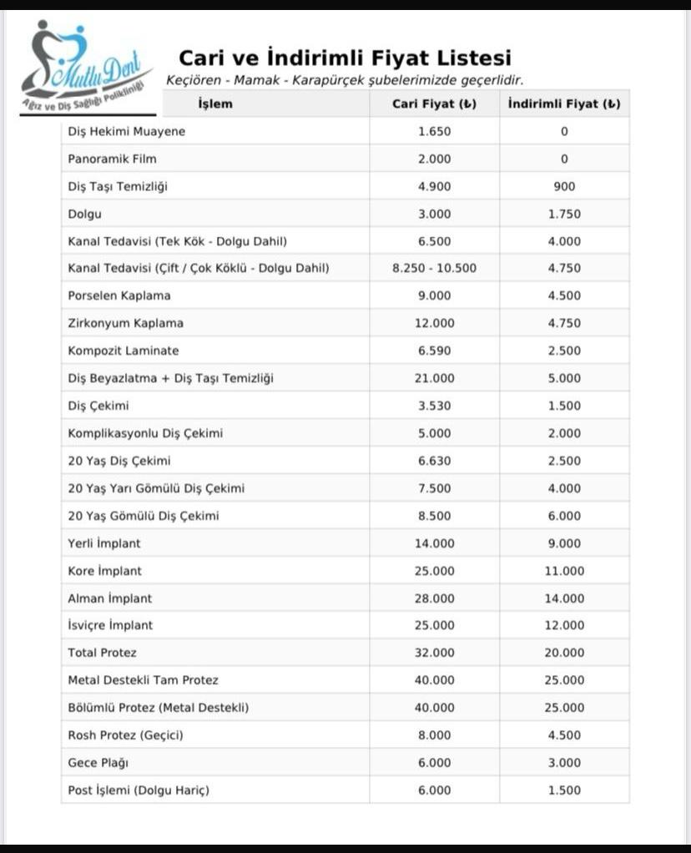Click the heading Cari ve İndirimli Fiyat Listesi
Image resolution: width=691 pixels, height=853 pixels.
(x=345, y=58)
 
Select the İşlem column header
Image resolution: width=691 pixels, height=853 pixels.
(x=215, y=104)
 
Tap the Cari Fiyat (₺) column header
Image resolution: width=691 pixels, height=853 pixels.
(x=434, y=104)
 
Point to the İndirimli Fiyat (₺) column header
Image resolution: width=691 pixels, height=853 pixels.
(x=564, y=104)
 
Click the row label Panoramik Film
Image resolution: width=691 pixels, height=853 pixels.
(x=113, y=159)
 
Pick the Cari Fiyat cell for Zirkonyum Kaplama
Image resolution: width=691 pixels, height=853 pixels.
(x=434, y=323)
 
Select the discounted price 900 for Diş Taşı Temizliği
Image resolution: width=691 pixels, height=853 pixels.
(x=564, y=186)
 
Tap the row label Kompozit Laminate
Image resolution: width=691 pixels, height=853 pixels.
(x=124, y=351)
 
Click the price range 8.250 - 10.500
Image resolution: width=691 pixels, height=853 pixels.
(x=434, y=268)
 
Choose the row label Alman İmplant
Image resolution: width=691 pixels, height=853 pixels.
(x=110, y=598)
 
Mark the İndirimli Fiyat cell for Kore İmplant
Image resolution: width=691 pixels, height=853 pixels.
(x=564, y=571)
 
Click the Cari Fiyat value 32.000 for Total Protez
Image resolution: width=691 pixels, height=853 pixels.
(x=434, y=653)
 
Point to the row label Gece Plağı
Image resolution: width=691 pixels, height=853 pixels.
(x=98, y=763)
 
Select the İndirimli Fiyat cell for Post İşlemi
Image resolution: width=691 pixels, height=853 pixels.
(x=564, y=790)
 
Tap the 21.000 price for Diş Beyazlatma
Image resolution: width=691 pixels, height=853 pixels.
(x=434, y=378)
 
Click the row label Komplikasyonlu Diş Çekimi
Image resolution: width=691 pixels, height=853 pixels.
(x=145, y=433)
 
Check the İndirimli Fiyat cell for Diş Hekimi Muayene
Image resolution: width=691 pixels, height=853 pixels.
(x=564, y=131)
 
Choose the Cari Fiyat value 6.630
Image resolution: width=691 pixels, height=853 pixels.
(x=434, y=461)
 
